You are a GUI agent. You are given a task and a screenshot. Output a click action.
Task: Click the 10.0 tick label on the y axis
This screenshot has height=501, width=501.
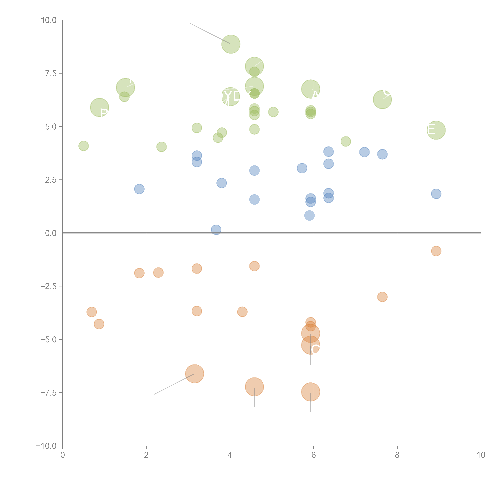49,20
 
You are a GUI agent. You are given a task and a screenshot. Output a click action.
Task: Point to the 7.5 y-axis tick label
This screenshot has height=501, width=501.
51,73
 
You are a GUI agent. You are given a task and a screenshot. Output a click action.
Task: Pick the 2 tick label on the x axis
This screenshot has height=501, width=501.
146,455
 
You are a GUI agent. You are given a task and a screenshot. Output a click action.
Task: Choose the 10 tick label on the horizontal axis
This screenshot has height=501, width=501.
481,455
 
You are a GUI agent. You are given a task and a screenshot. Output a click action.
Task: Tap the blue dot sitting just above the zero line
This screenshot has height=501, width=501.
216,230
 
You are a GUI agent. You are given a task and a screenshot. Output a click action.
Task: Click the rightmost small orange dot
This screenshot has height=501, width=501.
436,251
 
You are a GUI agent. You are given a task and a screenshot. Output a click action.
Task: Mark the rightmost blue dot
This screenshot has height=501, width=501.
436,194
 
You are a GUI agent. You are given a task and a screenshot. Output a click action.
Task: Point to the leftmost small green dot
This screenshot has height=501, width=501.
83,146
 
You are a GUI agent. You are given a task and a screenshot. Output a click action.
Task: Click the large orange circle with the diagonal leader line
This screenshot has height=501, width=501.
194,374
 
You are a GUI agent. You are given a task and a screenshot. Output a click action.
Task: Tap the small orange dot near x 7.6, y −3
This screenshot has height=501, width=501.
382,297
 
